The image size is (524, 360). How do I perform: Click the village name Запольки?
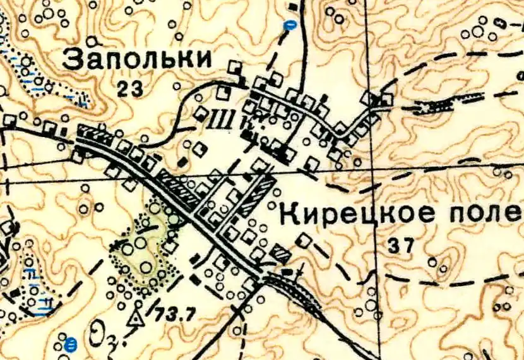[138, 59]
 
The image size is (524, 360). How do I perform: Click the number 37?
[401, 246]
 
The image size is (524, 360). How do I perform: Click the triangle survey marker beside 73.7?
[134, 318]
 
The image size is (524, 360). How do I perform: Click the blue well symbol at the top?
[290, 26]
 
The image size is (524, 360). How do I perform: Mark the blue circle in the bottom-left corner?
[71, 344]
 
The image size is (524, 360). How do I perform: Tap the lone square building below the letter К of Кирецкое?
[304, 241]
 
